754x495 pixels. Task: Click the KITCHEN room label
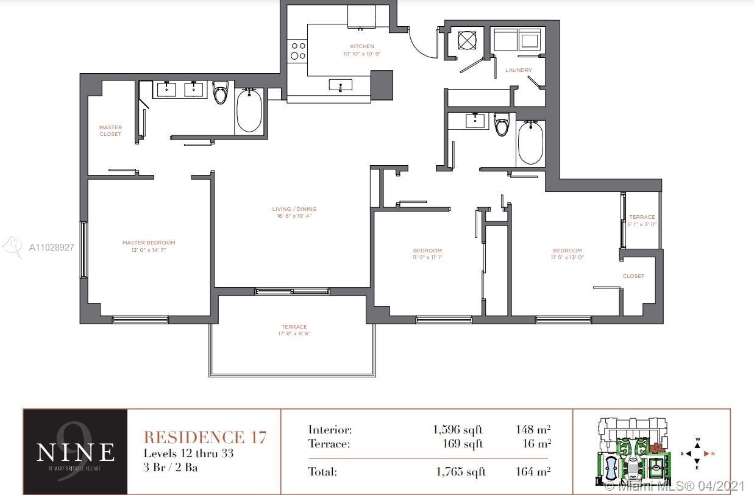click(361, 46)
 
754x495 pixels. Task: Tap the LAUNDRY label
click(518, 70)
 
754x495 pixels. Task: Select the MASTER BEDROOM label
click(149, 243)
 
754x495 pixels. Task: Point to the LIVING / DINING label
click(294, 209)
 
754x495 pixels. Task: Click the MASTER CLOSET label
click(110, 130)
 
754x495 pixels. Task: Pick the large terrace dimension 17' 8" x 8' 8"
click(294, 334)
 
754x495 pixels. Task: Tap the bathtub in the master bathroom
click(249, 111)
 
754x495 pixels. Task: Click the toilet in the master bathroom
click(220, 93)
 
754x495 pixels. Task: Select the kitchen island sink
click(340, 85)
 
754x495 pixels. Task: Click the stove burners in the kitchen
click(297, 51)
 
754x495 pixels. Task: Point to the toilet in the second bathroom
click(502, 124)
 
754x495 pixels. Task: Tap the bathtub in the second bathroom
click(530, 143)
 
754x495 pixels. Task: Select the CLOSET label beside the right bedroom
click(633, 276)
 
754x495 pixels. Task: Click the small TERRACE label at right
click(642, 217)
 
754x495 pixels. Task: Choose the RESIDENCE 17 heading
click(204, 437)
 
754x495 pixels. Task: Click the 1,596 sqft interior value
click(458, 430)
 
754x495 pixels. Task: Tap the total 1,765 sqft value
click(460, 471)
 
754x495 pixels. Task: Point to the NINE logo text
click(75, 452)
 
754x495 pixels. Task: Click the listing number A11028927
click(52, 247)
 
